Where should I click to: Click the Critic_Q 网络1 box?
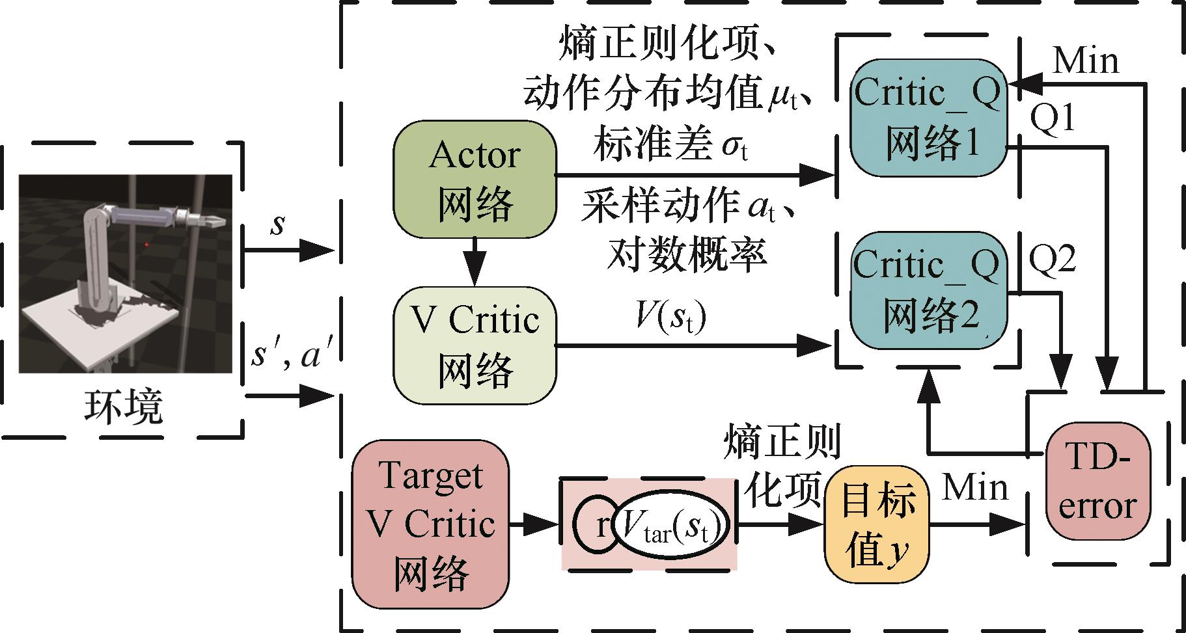point(928,118)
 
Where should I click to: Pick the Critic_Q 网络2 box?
point(928,290)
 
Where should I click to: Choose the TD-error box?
point(1096,481)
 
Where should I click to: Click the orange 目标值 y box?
point(876,522)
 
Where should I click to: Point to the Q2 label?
point(1052,259)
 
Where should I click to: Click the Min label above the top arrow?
point(1086,61)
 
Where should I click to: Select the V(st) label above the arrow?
point(670,317)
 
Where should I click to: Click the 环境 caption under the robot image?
point(123,407)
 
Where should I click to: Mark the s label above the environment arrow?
point(278,224)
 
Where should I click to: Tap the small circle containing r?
point(596,524)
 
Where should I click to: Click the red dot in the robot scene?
point(147,245)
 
